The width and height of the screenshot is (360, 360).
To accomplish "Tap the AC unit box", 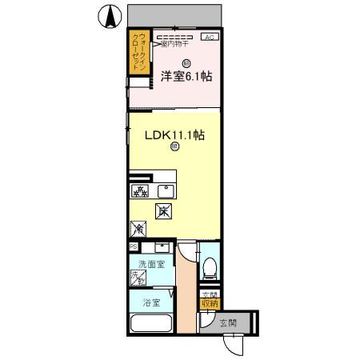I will (x=209, y=38).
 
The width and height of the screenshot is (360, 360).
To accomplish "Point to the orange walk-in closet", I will (x=140, y=53).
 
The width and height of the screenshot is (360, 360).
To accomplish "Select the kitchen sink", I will (x=166, y=190).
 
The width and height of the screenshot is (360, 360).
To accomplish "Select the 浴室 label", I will (x=152, y=303).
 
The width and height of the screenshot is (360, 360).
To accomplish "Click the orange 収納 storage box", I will (x=209, y=301).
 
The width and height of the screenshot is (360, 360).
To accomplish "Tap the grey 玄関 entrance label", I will (x=228, y=323).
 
